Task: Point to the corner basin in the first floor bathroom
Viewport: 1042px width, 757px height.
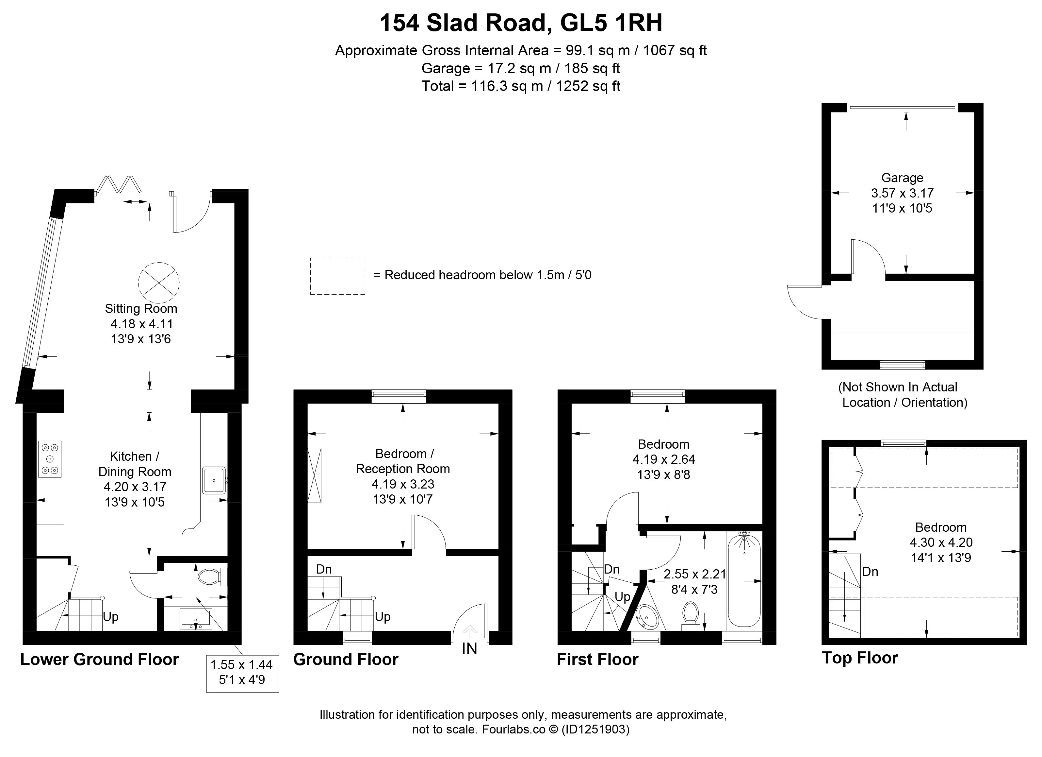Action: pos(646,616)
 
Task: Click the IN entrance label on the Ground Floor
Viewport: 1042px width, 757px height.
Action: pos(469,648)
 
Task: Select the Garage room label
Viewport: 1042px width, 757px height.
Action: pos(902,178)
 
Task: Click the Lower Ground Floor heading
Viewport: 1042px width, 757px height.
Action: pos(99,660)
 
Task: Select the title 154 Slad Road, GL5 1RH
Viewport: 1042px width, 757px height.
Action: pos(521,23)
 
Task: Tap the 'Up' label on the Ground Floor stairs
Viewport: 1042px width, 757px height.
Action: pos(383,616)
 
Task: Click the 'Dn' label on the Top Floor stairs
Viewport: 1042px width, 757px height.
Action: pos(870,571)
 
